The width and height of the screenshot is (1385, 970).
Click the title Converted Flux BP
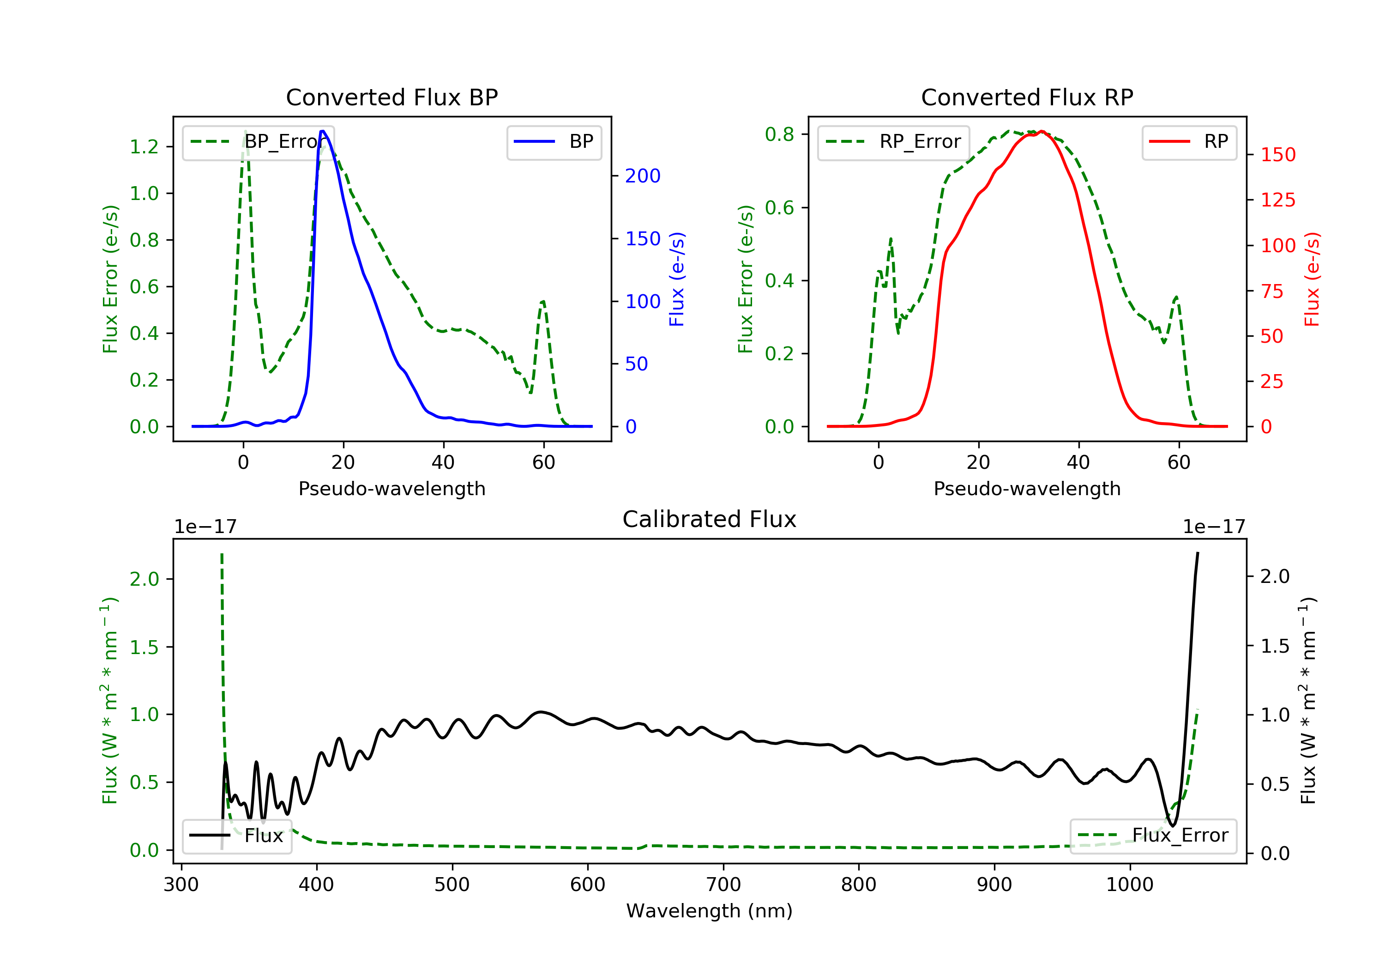(391, 97)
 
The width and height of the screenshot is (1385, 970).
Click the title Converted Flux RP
(1027, 97)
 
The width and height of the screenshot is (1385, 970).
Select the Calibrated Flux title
(710, 519)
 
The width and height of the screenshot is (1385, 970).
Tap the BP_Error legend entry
(258, 142)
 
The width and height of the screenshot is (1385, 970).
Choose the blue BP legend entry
(554, 142)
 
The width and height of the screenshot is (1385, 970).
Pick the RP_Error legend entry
(893, 142)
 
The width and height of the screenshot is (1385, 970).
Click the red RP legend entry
(1189, 142)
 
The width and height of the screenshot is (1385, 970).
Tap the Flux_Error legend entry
(1153, 836)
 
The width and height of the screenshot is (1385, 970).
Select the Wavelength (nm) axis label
(710, 911)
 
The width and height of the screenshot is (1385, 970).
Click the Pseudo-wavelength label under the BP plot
(392, 488)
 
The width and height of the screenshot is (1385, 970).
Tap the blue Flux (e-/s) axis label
(677, 279)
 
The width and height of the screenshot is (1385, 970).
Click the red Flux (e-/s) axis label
(1312, 279)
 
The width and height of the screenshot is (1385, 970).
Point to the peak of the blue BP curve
(323, 131)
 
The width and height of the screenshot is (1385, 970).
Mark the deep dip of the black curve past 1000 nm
(1172, 825)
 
